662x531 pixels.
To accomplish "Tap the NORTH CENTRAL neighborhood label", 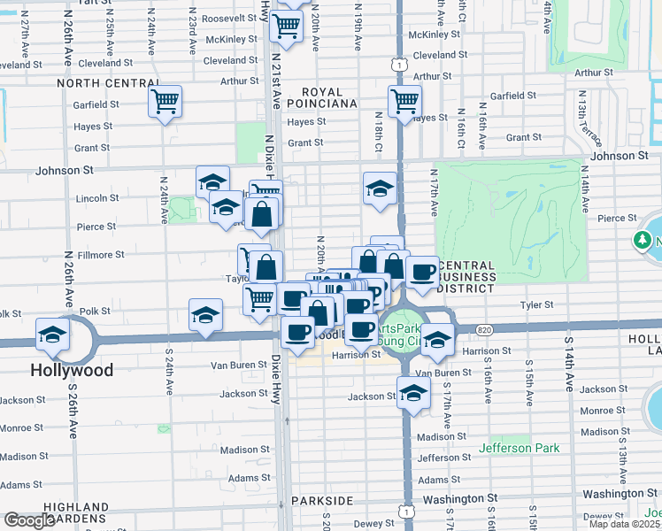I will (x=108, y=83).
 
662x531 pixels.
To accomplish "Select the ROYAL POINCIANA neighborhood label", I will (x=328, y=97).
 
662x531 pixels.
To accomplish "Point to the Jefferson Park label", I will (x=519, y=448).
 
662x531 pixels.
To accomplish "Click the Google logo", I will (x=29, y=520).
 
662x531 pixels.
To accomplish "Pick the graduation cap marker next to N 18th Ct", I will (x=380, y=188).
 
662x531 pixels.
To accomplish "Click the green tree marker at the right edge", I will (x=642, y=240).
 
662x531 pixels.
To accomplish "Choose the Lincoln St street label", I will (x=97, y=198).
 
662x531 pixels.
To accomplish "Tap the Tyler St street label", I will (x=536, y=304).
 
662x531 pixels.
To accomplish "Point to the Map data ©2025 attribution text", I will (x=624, y=524).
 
